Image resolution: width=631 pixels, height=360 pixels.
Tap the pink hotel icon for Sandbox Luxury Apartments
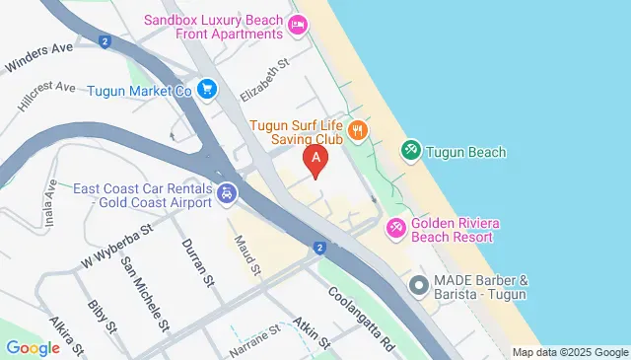(x=298, y=29)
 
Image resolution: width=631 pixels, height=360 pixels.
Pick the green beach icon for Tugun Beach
(x=410, y=151)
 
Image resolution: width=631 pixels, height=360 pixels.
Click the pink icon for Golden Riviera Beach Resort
(x=395, y=228)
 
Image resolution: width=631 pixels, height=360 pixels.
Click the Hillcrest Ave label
(x=46, y=94)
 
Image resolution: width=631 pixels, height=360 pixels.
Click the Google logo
(x=33, y=347)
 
